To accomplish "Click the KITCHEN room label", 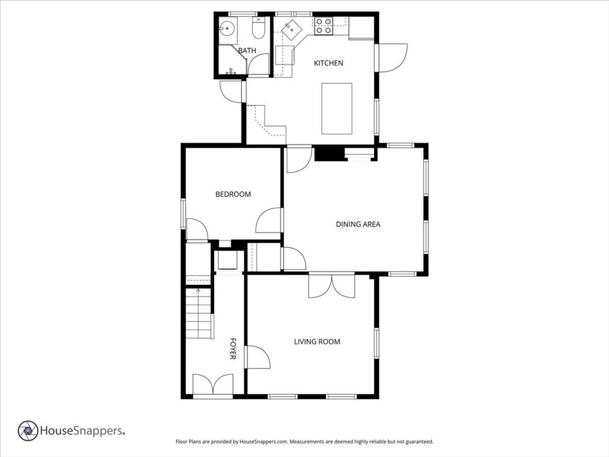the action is coord(328,63).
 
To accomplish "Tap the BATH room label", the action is coord(247,51).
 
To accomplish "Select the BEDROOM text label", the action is coord(233,194).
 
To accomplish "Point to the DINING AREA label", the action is coord(357,224).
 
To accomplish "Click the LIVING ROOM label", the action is coord(317,342).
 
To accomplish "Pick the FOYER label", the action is coord(233,348).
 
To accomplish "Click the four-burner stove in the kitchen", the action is coord(323,26).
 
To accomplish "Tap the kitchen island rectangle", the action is coord(337,108).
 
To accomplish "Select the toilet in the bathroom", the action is coord(258,28).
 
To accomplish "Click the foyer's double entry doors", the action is coord(213,386).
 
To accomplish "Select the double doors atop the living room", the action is coord(332,286).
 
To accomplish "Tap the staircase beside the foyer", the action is coord(199,313).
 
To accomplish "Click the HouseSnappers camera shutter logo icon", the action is coord(28,431).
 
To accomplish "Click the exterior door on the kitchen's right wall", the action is coord(393,58).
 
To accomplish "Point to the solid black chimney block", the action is coord(329,153).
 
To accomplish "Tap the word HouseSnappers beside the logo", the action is coord(82,431).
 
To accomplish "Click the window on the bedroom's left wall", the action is coord(183,214).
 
